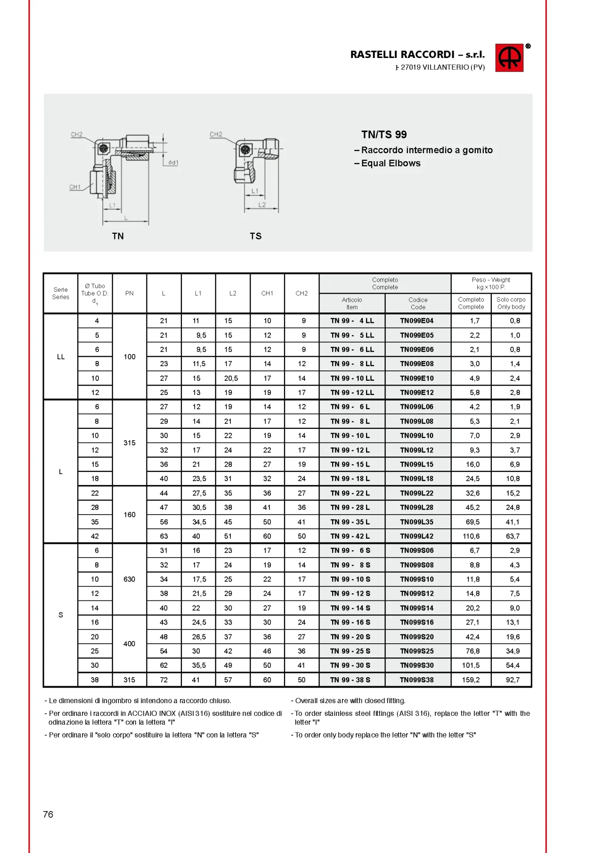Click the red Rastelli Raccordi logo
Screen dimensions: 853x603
[509, 58]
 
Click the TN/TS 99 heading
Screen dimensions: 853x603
[384, 135]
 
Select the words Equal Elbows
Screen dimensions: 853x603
[391, 164]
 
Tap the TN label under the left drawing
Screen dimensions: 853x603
[118, 236]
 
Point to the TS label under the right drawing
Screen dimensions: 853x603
[255, 236]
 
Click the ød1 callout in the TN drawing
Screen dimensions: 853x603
[173, 163]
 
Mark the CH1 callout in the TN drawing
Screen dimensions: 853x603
[75, 187]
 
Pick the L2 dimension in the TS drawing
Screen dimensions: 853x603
[262, 205]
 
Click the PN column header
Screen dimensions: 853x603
[130, 294]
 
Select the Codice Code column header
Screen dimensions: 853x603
[418, 303]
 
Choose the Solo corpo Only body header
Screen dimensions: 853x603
[511, 303]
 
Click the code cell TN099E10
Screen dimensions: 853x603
[417, 378]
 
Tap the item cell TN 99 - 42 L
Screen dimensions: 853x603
[350, 536]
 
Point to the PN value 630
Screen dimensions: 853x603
[130, 579]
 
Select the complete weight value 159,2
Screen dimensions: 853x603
[471, 680]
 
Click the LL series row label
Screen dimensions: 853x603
[61, 357]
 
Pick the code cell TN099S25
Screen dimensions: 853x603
[417, 651]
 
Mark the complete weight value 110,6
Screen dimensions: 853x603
[471, 536]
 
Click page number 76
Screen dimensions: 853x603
[48, 814]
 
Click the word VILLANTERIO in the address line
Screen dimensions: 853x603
[445, 67]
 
